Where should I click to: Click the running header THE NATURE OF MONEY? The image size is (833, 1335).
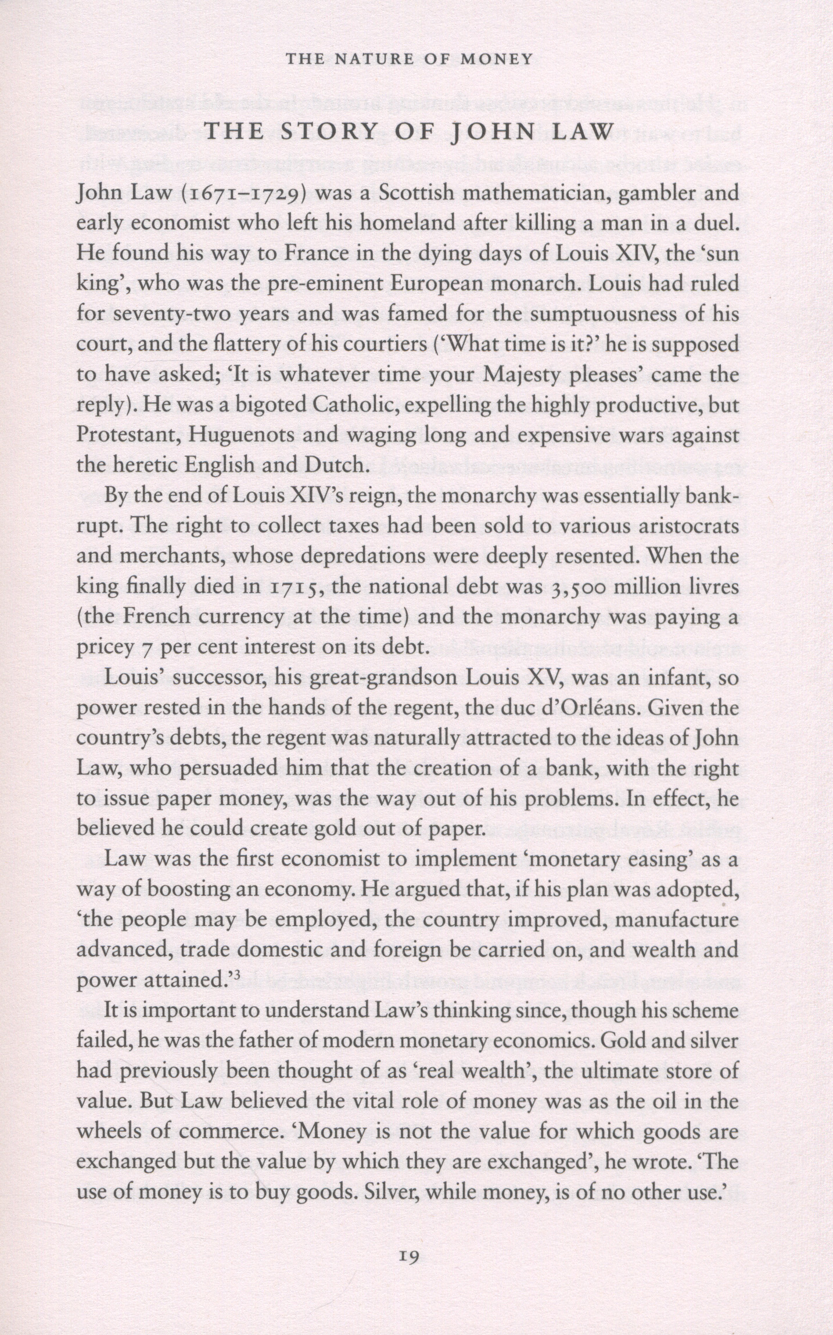[x=410, y=59]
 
